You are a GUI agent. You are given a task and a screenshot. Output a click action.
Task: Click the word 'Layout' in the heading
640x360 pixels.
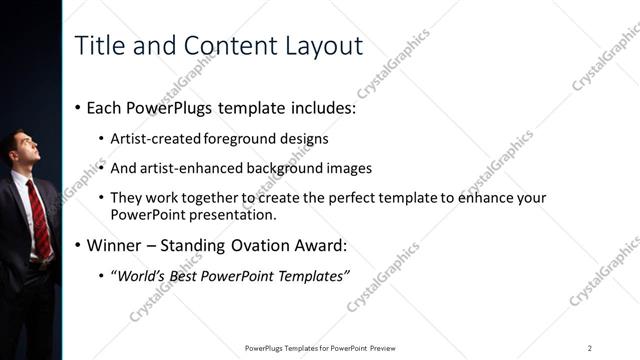tap(319, 45)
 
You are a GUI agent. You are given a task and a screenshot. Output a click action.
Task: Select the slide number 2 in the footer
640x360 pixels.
tap(589, 347)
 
